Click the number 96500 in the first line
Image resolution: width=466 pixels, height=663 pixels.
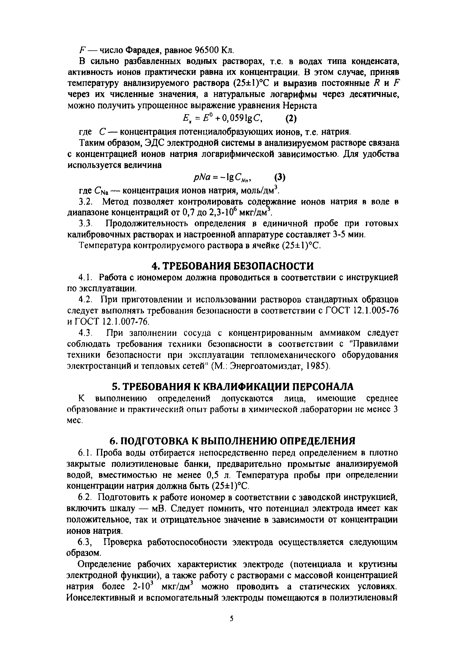pos(206,50)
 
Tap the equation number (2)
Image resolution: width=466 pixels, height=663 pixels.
pos(291,118)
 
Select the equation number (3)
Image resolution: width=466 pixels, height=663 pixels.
pos(280,177)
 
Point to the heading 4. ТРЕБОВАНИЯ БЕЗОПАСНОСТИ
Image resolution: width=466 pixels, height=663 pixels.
pos(233,266)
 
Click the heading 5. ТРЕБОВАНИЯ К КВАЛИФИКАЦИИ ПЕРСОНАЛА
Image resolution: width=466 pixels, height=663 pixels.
pos(233,386)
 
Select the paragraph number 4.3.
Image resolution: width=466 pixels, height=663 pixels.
pos(85,333)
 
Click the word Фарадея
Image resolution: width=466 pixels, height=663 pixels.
pos(140,50)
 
